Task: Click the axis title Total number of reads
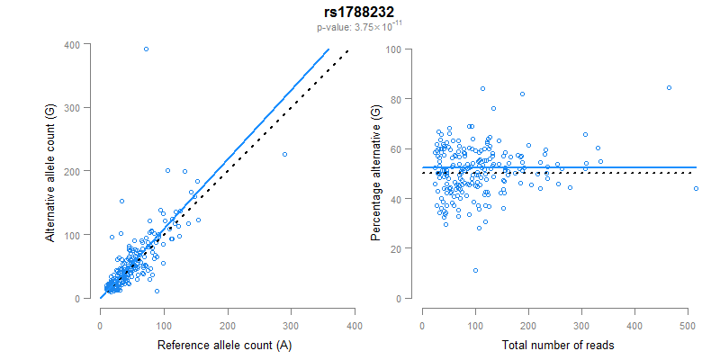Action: click(x=552, y=345)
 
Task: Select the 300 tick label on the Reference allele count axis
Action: click(x=291, y=324)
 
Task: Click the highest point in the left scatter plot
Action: click(x=146, y=49)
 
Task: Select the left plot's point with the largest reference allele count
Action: click(x=284, y=154)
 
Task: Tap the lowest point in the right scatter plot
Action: click(x=475, y=270)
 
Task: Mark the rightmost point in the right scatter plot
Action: click(x=696, y=188)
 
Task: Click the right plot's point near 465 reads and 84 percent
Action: click(x=669, y=87)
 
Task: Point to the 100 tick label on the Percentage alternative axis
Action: click(x=392, y=49)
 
